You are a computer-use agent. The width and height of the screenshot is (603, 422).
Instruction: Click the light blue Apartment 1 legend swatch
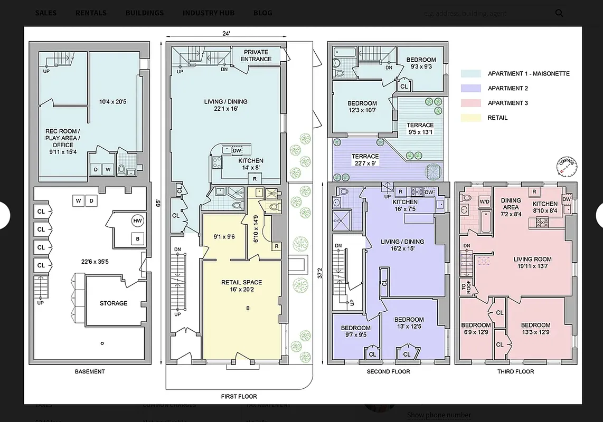pos(470,74)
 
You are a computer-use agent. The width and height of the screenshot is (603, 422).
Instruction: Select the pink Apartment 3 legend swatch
pos(470,103)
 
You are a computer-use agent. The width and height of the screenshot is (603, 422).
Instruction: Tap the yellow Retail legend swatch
pos(470,118)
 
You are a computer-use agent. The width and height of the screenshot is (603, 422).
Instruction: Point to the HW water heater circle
pos(137,220)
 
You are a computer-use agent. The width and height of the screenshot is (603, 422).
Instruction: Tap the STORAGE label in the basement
pos(114,303)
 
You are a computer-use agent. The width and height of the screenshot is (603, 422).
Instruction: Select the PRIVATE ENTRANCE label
pos(256,55)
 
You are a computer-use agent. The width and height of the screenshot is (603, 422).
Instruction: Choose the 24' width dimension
pos(226,34)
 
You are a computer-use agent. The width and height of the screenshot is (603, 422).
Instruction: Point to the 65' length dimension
pos(158,202)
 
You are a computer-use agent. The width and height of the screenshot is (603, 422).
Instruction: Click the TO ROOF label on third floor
pos(465,287)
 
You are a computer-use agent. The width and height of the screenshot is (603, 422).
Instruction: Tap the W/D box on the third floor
pos(484,202)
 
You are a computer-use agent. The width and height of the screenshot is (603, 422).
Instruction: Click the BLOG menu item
pos(263,13)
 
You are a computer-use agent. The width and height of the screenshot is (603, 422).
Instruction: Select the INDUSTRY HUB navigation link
pos(209,13)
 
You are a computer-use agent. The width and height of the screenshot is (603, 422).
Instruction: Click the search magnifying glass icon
pos(559,13)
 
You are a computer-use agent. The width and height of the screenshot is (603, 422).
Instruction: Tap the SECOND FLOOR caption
pos(388,371)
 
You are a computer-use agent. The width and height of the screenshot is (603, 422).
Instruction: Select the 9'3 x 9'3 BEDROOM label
pos(421,63)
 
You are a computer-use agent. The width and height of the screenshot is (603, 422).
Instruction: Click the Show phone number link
pos(439,415)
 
